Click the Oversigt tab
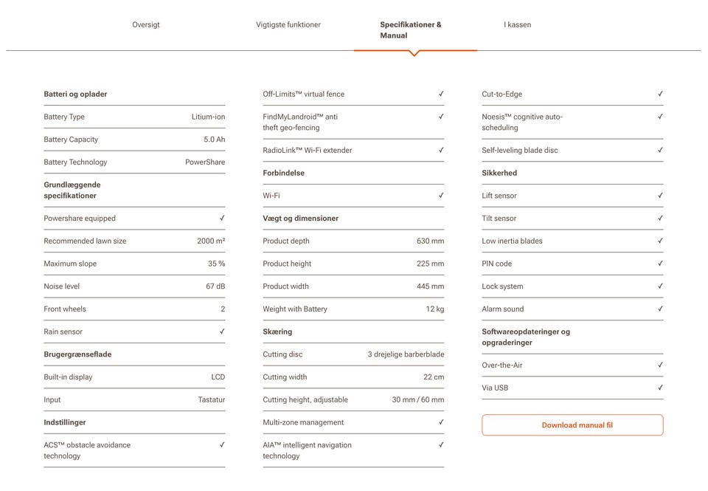tap(146, 25)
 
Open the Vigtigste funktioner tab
tap(288, 25)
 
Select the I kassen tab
tap(517, 25)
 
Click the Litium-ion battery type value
tap(208, 117)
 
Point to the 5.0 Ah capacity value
tap(214, 140)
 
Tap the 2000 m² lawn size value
tap(211, 241)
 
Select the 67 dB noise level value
tap(215, 286)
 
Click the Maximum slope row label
tap(70, 264)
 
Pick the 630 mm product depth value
tap(430, 241)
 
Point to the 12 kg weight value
tap(434, 309)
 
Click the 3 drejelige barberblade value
tap(406, 354)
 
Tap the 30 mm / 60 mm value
tap(417, 400)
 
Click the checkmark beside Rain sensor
tap(222, 332)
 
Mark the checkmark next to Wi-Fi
tap(441, 196)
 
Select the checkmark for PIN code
tap(660, 264)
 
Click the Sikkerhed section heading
tap(499, 174)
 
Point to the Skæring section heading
tap(277, 332)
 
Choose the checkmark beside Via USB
tap(660, 388)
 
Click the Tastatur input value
tap(211, 400)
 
